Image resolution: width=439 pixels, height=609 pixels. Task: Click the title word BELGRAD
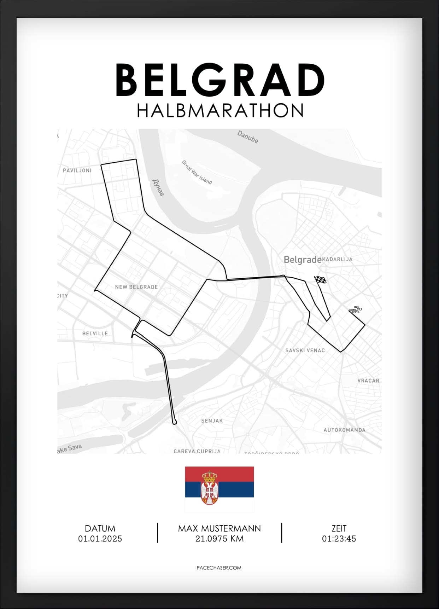click(220, 80)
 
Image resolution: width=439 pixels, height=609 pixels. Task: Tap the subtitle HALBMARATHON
click(220, 110)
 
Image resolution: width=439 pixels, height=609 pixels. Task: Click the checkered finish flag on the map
click(320, 280)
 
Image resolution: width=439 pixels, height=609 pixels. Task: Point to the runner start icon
click(355, 310)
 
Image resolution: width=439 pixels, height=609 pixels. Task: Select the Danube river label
click(247, 137)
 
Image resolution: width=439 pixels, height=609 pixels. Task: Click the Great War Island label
click(197, 172)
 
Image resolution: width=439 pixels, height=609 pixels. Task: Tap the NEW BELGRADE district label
click(136, 287)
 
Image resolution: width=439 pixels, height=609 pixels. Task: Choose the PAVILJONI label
click(77, 170)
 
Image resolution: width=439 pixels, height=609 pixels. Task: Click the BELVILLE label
click(95, 333)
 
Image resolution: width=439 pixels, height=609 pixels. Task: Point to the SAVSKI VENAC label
click(305, 350)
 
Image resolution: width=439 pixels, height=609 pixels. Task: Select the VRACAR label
click(368, 381)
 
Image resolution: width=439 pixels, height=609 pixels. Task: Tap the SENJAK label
click(212, 421)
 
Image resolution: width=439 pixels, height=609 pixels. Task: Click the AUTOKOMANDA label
click(345, 430)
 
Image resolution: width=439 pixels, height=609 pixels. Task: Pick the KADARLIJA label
click(337, 259)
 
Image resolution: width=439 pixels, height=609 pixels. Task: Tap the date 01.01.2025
click(100, 539)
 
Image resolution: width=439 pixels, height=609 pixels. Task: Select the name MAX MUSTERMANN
click(219, 528)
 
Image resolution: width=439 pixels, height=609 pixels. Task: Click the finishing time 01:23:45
click(339, 539)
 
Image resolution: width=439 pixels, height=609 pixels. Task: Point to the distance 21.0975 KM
click(219, 539)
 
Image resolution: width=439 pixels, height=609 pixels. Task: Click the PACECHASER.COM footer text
click(219, 568)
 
